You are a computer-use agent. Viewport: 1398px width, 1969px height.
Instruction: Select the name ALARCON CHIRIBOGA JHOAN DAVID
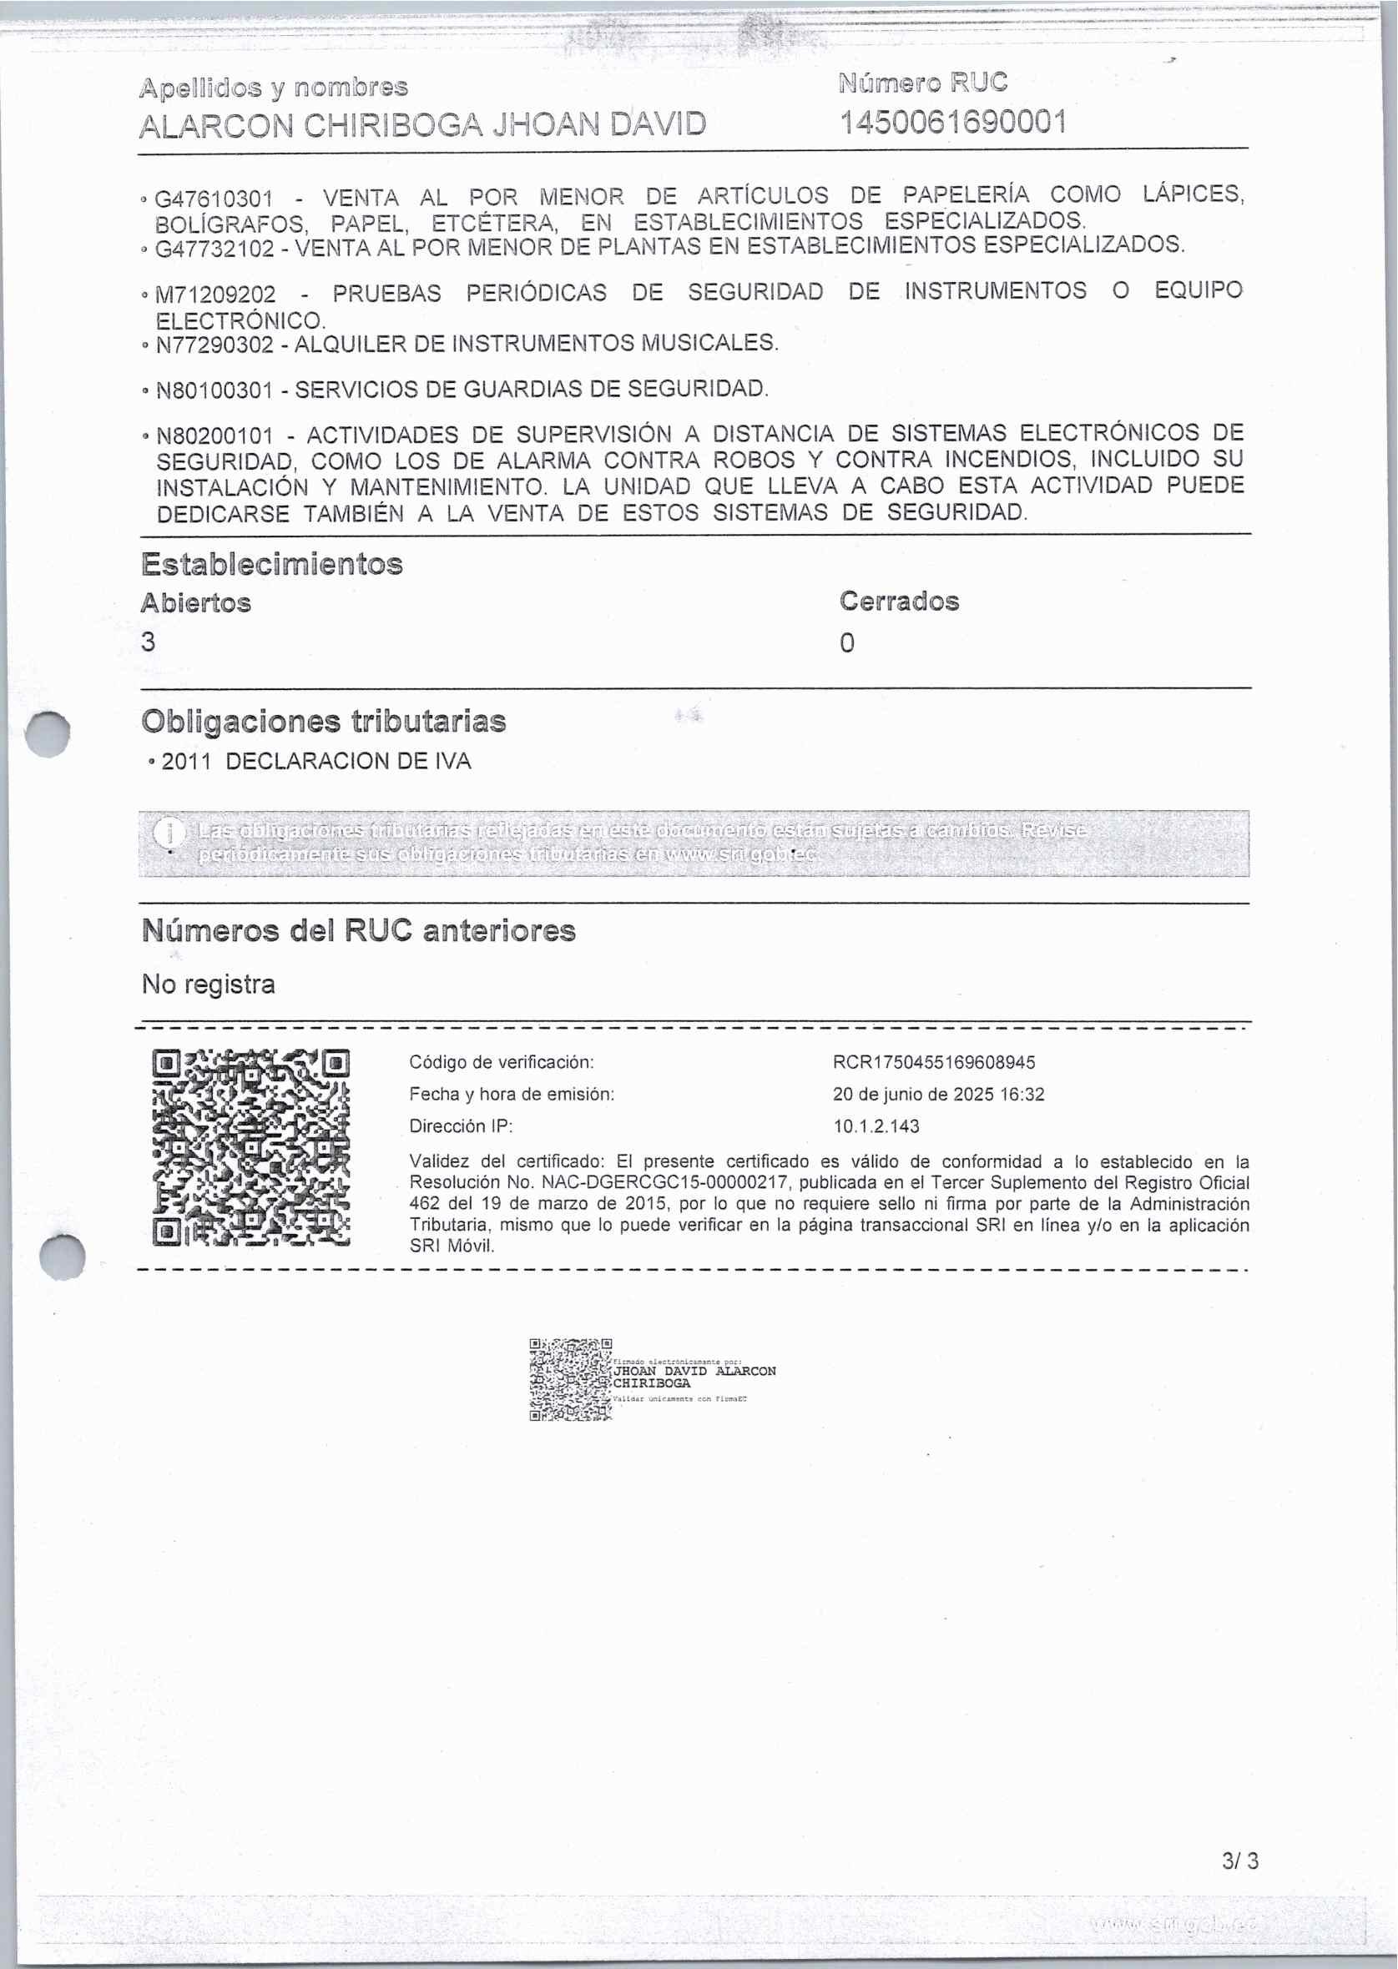click(421, 125)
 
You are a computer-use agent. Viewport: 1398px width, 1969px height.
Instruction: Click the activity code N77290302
click(214, 345)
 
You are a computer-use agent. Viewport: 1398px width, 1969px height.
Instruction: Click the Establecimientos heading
click(272, 565)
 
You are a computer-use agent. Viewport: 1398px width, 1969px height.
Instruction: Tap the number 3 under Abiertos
click(149, 642)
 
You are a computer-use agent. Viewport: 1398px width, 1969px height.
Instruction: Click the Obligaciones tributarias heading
click(324, 721)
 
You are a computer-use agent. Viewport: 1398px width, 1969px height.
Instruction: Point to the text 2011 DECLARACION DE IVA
click(316, 762)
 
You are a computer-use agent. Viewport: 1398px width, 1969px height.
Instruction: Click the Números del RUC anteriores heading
click(358, 930)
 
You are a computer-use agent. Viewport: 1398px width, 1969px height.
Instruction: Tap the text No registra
click(209, 984)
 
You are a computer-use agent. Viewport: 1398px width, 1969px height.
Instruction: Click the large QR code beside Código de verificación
click(251, 1148)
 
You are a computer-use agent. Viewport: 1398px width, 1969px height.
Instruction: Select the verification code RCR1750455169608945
click(934, 1063)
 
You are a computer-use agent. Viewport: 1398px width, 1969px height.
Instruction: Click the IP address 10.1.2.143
click(876, 1126)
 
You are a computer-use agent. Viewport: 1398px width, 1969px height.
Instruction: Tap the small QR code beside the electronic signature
click(570, 1379)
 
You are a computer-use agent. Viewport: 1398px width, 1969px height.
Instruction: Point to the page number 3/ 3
click(1239, 1861)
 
